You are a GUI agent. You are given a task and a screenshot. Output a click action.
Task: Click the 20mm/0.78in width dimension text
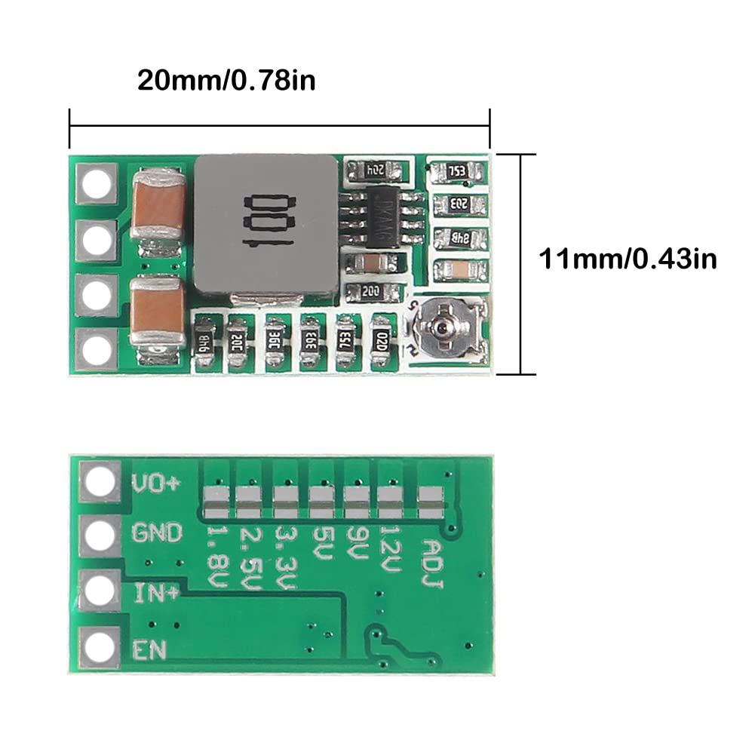pyautogui.click(x=226, y=80)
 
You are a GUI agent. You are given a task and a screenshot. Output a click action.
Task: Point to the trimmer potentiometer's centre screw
pyautogui.click(x=437, y=328)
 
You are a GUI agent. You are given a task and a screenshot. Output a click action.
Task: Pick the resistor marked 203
pyautogui.click(x=458, y=204)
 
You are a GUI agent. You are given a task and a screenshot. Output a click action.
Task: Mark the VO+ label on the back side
pyautogui.click(x=156, y=483)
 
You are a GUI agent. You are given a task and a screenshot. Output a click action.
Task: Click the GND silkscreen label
pyautogui.click(x=157, y=533)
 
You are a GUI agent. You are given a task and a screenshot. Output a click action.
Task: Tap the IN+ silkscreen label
pyautogui.click(x=156, y=594)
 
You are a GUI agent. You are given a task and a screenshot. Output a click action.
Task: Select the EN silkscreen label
pyautogui.click(x=149, y=649)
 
